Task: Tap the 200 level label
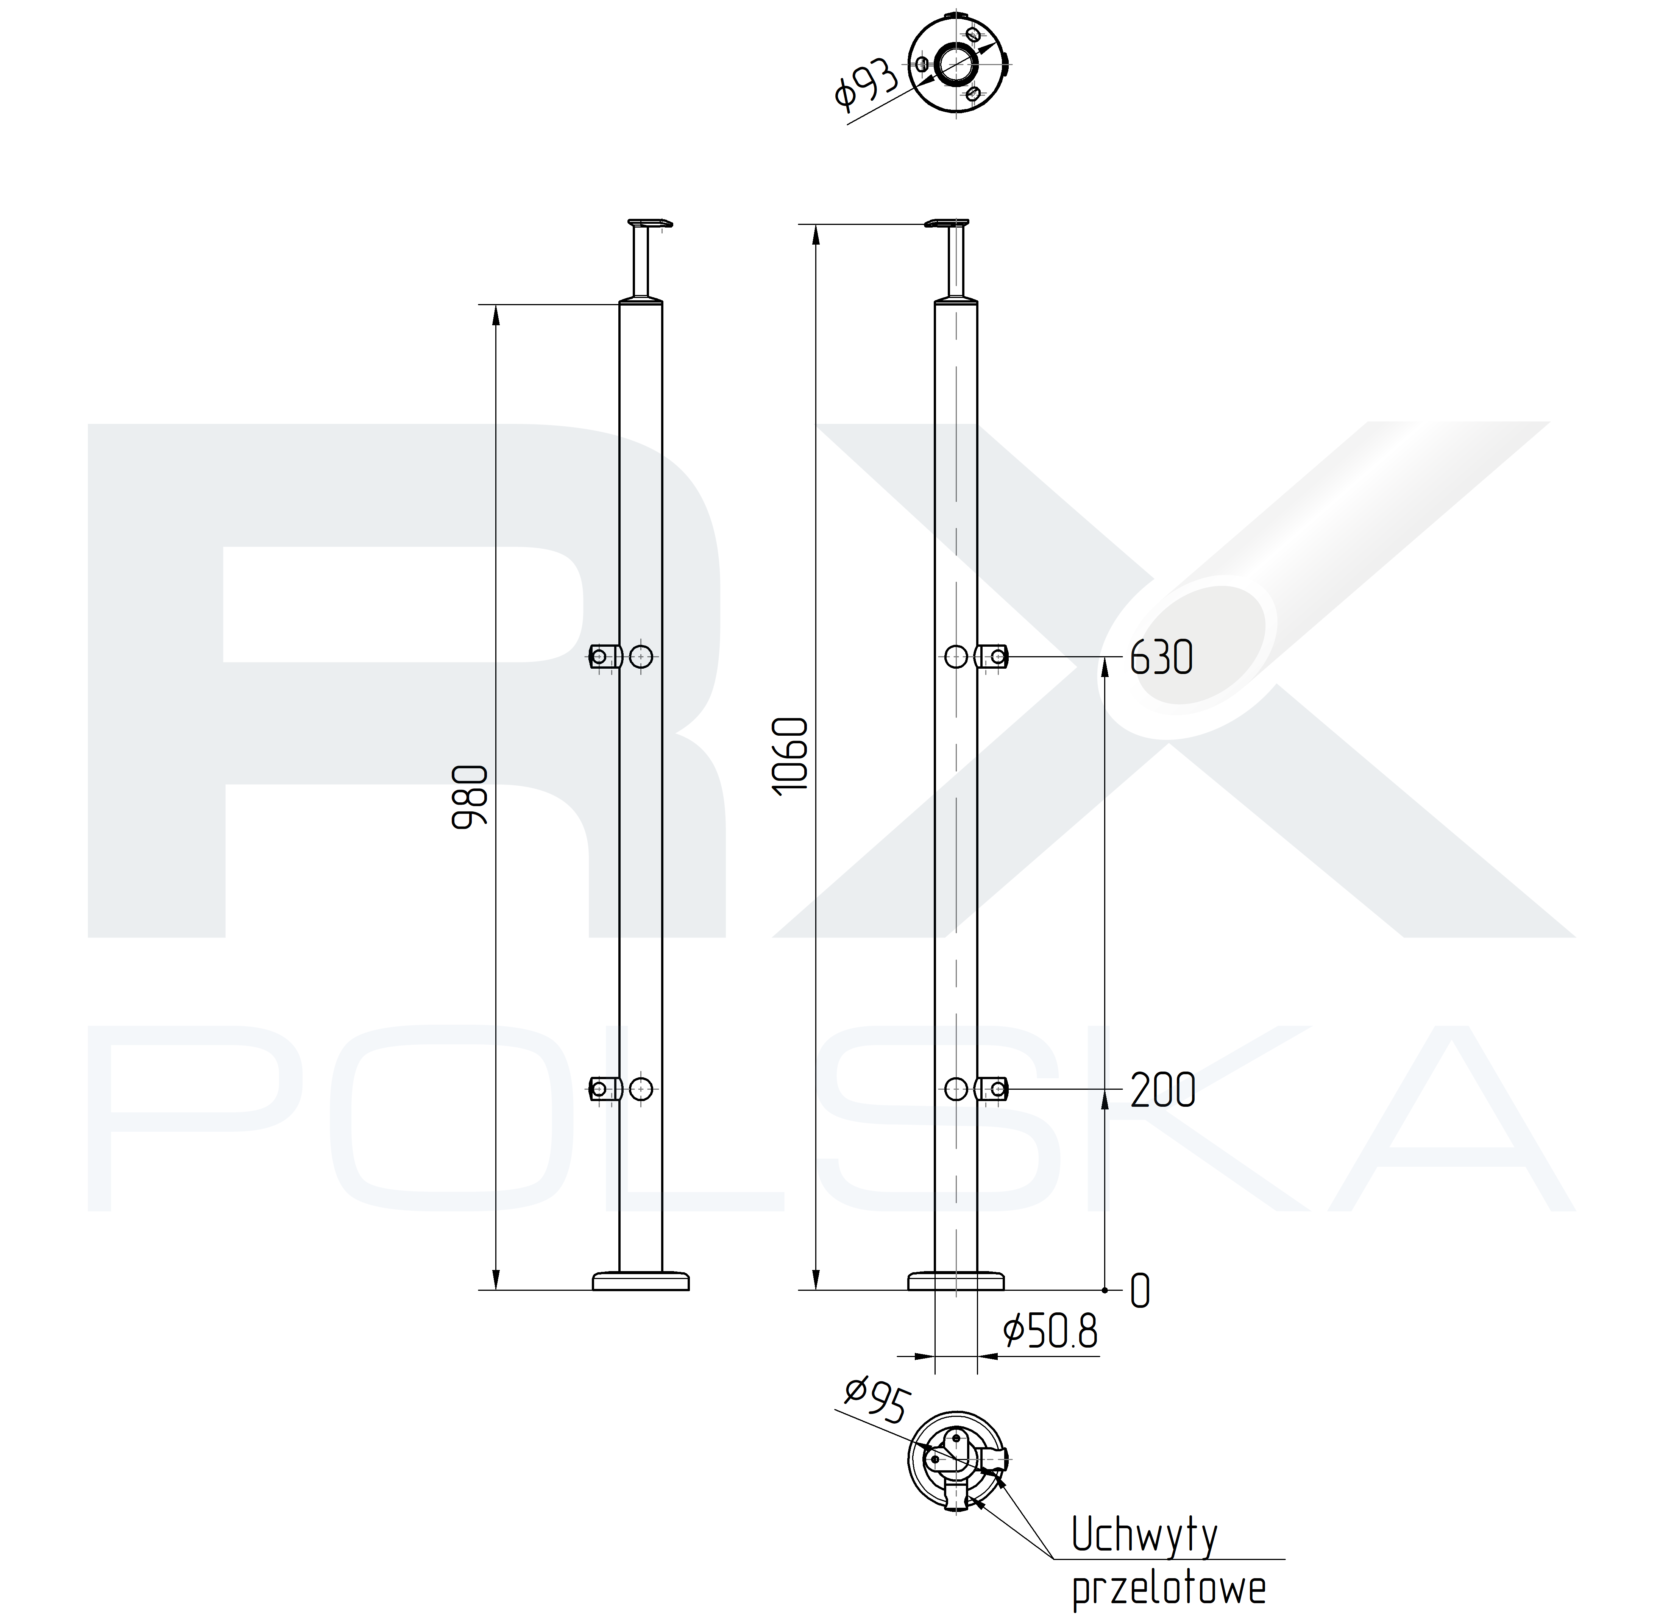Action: click(x=1163, y=1090)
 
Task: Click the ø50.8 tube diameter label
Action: click(x=1050, y=1331)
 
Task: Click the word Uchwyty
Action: click(x=1144, y=1535)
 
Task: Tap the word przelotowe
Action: click(x=1169, y=1588)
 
